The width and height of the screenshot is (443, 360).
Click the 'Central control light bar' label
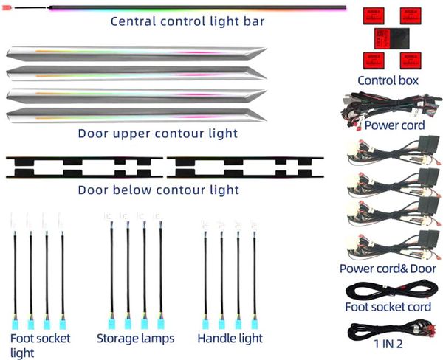(x=188, y=21)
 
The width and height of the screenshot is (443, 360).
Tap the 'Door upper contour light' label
(x=158, y=134)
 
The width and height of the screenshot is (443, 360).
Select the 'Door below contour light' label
(x=158, y=190)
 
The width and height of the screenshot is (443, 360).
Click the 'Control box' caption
(x=388, y=80)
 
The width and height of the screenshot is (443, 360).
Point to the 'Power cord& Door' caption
(x=388, y=269)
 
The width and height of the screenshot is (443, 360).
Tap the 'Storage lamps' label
(x=135, y=339)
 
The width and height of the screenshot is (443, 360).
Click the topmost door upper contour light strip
(x=137, y=53)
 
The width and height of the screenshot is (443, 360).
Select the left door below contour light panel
(x=83, y=167)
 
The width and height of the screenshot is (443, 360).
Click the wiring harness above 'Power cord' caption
(x=388, y=106)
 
